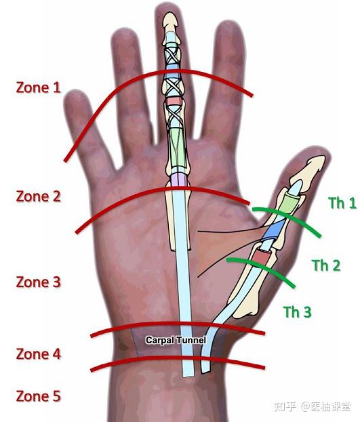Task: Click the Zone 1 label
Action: (38, 88)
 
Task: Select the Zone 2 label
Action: (38, 196)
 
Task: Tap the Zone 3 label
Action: (38, 282)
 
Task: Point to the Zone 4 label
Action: (38, 353)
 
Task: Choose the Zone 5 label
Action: (38, 396)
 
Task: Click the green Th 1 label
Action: (342, 203)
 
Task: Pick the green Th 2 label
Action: (326, 265)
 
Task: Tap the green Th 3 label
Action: (297, 311)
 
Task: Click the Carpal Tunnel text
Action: (176, 340)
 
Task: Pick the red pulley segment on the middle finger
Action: (174, 101)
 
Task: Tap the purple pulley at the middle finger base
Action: (178, 179)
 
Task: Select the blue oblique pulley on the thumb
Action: (274, 230)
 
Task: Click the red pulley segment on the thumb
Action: (262, 256)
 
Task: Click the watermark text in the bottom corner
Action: (313, 406)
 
